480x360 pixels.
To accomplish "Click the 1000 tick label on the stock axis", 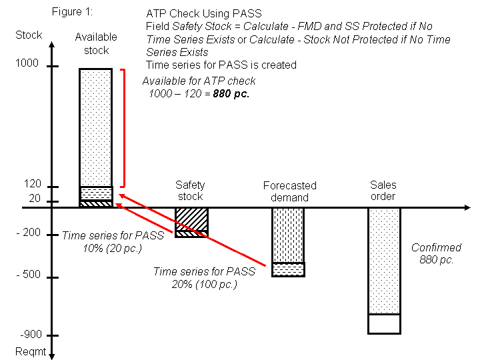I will click(x=27, y=64).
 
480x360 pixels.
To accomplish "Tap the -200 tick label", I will click(x=29, y=233).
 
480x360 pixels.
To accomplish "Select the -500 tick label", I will click(x=29, y=275).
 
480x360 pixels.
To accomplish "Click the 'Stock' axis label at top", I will click(x=29, y=35).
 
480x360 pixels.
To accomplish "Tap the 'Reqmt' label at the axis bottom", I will click(x=31, y=353).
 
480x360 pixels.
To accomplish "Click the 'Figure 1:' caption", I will click(x=72, y=12).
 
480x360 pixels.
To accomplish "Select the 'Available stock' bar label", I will click(x=95, y=43).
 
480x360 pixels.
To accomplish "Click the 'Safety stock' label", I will click(x=190, y=191).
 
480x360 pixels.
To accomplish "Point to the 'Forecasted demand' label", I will click(x=289, y=191).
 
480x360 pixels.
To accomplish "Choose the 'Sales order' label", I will click(x=383, y=191).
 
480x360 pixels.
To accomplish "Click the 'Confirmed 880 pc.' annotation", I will click(x=436, y=254).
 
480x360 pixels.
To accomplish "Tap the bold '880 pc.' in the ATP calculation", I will click(x=231, y=94).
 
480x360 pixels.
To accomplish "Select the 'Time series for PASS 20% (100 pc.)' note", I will click(x=204, y=277).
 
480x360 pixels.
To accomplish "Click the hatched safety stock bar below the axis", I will click(x=191, y=219).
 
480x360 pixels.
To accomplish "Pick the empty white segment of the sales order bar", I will click(x=384, y=323).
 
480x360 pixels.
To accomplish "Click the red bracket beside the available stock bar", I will click(x=123, y=127).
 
